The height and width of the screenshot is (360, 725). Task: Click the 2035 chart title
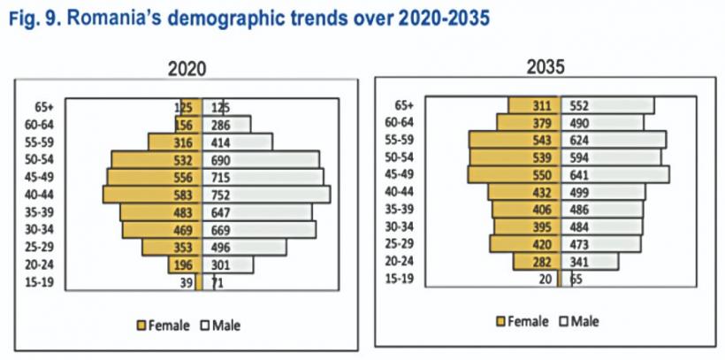coord(546,67)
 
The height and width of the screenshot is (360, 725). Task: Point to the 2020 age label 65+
coord(41,106)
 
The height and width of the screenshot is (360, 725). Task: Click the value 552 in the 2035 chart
coord(580,105)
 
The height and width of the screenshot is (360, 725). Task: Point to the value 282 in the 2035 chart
coord(545,261)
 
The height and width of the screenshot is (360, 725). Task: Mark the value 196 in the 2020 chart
coord(185,264)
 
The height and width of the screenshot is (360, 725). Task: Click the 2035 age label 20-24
coord(402,261)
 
